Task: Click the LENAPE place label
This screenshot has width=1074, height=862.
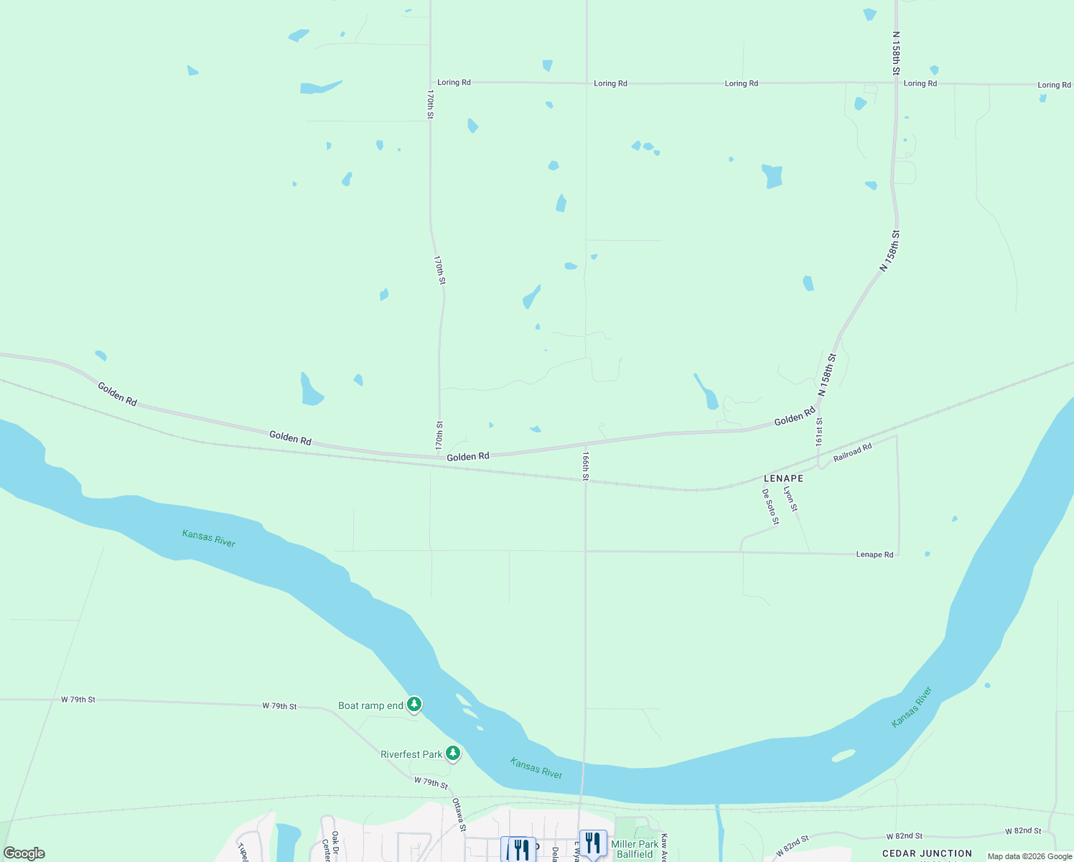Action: coord(783,478)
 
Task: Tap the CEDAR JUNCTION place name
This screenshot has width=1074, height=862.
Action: coord(927,853)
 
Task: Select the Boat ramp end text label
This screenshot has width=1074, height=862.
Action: coord(370,705)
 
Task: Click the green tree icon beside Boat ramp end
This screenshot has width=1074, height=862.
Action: coord(414,705)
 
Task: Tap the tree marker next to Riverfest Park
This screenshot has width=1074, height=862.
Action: coord(452,754)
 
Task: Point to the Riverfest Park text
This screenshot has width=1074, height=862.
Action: coord(411,754)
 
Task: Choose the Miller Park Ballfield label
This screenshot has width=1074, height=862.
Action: coord(635,849)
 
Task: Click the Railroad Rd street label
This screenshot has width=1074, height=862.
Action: coord(852,453)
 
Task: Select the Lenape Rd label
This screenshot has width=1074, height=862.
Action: coord(874,555)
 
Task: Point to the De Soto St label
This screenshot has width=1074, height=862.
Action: coord(770,506)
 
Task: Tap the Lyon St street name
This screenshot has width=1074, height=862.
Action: coord(790,499)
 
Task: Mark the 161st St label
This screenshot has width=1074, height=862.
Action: coord(819,432)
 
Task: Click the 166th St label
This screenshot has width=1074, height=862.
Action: coord(586,466)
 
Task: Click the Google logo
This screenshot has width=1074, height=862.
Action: coord(24,853)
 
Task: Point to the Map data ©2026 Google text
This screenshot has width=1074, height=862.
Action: coord(1029,856)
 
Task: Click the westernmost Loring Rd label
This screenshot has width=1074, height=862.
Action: coord(454,83)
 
